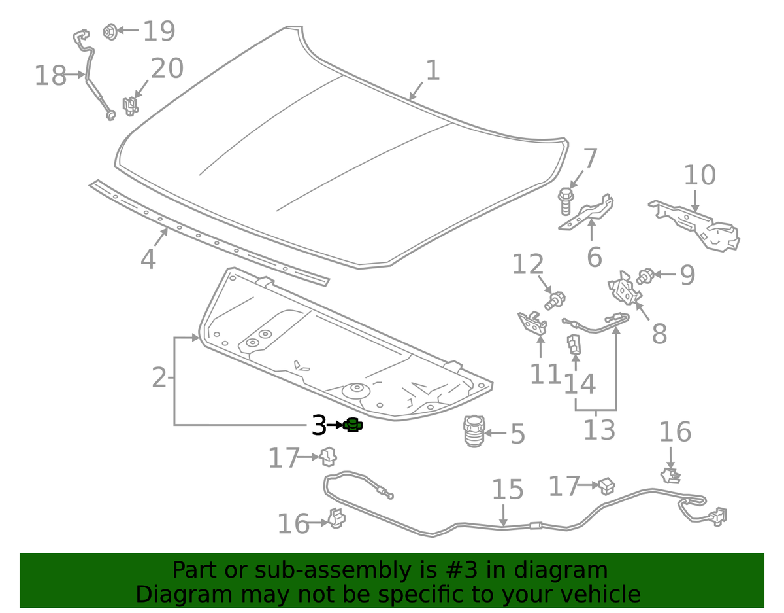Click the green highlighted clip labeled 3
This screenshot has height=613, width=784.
click(353, 425)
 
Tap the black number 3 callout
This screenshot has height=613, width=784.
click(318, 426)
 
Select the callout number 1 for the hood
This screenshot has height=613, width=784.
click(433, 71)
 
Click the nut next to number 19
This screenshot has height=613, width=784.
click(109, 31)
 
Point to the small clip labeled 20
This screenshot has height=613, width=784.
click(130, 105)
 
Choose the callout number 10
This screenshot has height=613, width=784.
click(700, 175)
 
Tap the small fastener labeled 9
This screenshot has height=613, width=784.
click(645, 276)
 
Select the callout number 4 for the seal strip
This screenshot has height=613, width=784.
click(148, 260)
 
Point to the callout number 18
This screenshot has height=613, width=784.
click(50, 76)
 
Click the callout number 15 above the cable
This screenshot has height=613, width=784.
click(508, 489)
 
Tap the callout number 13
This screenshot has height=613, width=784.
click(599, 430)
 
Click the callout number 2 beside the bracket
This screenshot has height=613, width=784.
click(159, 377)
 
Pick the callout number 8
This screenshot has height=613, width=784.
click(659, 334)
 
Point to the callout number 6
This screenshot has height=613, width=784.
click(594, 257)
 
